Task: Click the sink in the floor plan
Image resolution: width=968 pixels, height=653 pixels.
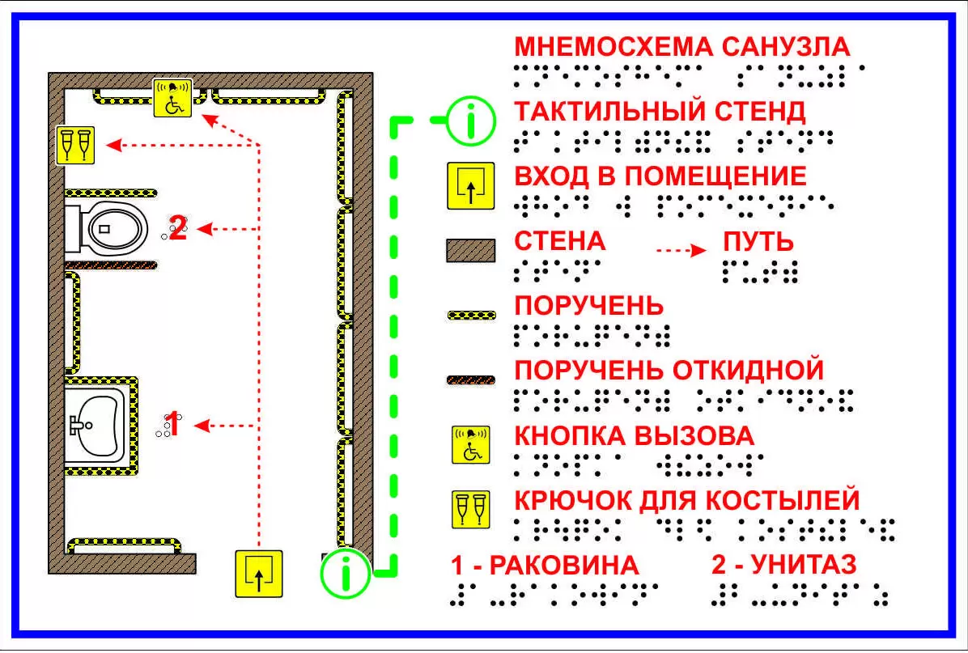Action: [x=98, y=425]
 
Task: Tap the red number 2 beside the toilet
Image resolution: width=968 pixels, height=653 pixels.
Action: [x=177, y=229]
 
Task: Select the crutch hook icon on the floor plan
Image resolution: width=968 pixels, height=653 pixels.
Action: [x=75, y=145]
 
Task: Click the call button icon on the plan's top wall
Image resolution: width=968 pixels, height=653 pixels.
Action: [x=173, y=97]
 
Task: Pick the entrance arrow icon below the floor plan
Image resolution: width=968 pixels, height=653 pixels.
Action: [x=259, y=573]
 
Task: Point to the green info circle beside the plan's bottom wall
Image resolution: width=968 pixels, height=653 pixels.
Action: [x=345, y=573]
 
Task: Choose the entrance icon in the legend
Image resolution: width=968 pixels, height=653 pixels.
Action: [x=471, y=187]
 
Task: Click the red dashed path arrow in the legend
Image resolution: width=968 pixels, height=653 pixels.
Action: [x=681, y=251]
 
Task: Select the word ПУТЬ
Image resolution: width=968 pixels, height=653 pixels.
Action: [x=758, y=242]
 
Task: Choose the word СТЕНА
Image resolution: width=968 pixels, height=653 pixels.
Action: [x=560, y=241]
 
